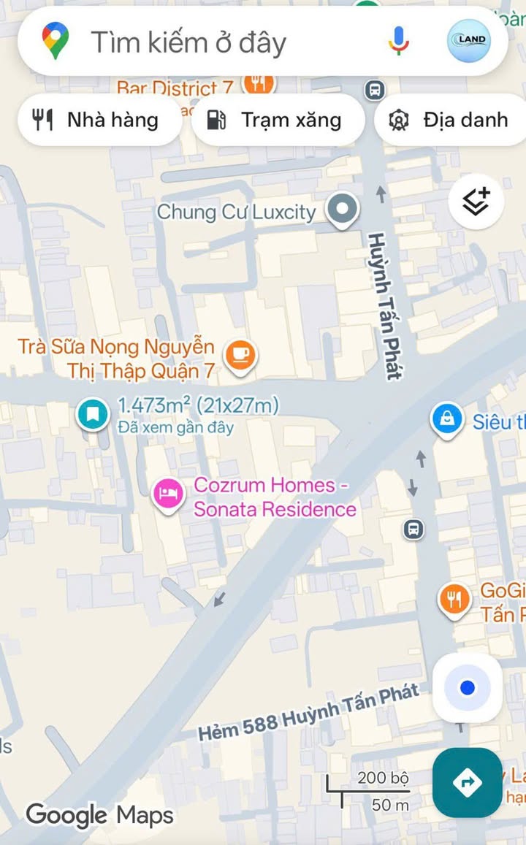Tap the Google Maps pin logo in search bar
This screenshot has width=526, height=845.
coord(56,41)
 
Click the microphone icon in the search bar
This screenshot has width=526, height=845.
coord(399,41)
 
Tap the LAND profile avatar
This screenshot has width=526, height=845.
coord(468,41)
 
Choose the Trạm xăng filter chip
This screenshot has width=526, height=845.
coord(277,120)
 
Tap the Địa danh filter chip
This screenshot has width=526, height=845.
coord(450,120)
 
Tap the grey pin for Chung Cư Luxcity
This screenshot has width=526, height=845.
coord(342,210)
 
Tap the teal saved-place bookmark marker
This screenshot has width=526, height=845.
coord(93,414)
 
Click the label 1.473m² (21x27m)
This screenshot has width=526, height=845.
coord(198,405)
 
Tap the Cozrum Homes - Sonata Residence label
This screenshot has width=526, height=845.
coord(275,497)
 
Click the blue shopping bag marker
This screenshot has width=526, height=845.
coord(446,419)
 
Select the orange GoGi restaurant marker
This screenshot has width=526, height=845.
coord(454,600)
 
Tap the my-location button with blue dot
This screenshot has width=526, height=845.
coord(468,687)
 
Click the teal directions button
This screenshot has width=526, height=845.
coord(468,782)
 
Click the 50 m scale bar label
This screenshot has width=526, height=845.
coord(391,806)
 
